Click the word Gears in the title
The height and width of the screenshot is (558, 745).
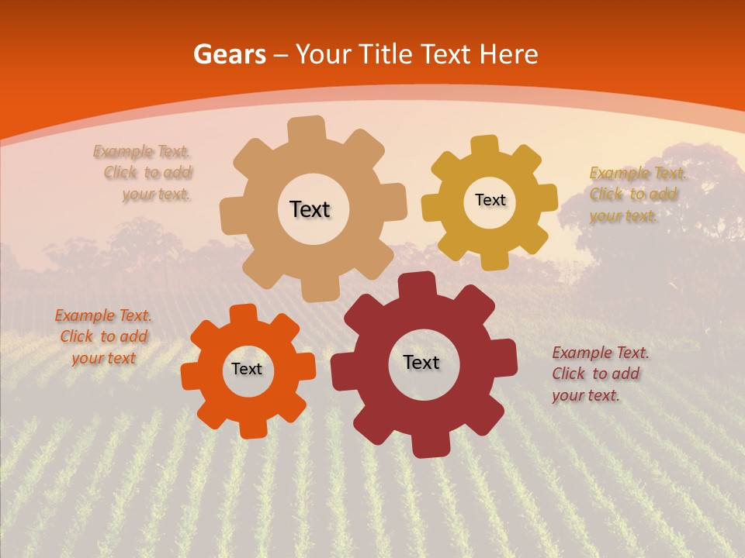228,54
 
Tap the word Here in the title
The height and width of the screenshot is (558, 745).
508,54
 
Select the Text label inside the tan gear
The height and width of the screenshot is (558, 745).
310,209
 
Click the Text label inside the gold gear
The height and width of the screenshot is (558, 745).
490,200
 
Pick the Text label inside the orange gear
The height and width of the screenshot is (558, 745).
247,369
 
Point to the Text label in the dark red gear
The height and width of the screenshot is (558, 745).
421,362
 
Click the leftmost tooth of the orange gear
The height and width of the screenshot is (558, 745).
191,376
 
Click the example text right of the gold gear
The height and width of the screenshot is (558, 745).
635,195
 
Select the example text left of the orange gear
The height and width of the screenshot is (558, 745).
102,336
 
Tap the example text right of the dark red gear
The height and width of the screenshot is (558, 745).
600,374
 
